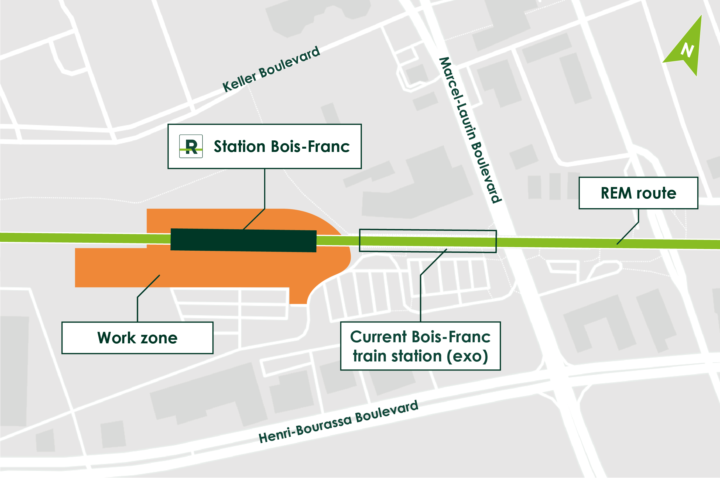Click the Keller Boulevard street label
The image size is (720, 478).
(271, 69)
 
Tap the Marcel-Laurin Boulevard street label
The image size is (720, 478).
(470, 130)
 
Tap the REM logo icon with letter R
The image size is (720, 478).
(191, 146)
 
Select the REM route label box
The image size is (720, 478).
(638, 193)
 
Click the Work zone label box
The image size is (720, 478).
(137, 338)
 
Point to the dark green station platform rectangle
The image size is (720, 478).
(243, 240)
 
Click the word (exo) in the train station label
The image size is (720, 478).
(467, 356)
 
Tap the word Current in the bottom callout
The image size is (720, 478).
(378, 337)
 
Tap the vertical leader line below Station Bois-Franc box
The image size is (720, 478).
(265, 189)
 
